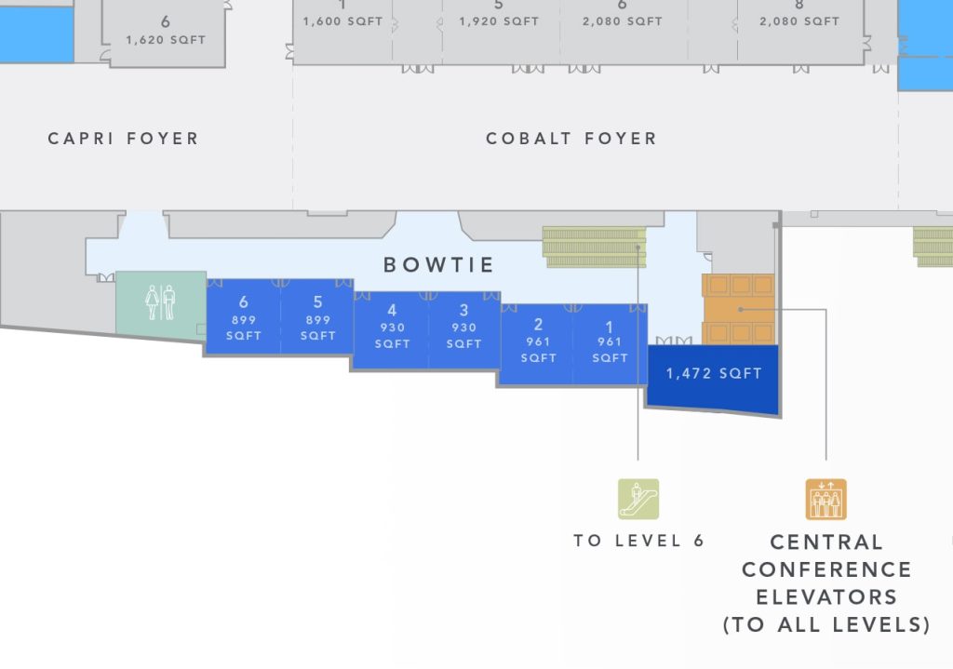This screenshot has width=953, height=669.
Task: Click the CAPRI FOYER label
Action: (123, 139)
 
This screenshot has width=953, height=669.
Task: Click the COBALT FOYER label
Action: (570, 139)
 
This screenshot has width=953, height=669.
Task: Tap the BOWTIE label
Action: (438, 265)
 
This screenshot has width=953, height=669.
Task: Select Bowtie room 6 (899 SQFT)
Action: (243, 317)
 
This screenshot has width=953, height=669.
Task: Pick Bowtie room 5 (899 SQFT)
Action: (317, 317)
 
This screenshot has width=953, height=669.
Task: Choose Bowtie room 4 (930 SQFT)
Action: (392, 327)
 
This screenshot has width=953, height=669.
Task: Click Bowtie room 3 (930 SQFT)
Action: (463, 327)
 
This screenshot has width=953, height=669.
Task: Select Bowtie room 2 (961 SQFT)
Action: (538, 341)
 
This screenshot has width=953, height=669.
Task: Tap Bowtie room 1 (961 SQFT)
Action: (611, 341)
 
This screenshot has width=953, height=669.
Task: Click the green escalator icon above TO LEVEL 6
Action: (638, 499)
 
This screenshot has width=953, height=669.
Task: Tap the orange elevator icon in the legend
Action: (825, 499)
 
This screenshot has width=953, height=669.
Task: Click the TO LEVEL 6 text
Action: (638, 541)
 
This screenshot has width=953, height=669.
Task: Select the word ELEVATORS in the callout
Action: (826, 596)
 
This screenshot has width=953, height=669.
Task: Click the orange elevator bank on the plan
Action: (738, 308)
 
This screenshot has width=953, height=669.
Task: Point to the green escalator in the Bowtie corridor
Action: (595, 247)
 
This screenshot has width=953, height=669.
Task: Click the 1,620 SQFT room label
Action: (165, 40)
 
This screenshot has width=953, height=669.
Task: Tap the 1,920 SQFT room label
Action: (499, 20)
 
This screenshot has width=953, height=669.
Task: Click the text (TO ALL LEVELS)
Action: (826, 624)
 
